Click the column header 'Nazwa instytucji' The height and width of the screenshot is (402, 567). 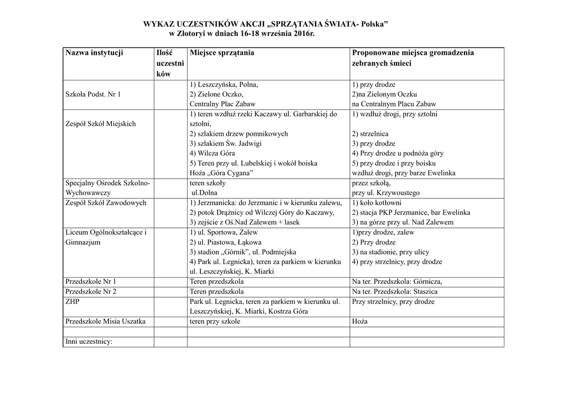(94, 53)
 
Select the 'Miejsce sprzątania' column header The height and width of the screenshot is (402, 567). (221, 53)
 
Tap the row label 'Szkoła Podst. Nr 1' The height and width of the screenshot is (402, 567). (93, 94)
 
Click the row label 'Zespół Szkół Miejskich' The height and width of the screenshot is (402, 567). (100, 124)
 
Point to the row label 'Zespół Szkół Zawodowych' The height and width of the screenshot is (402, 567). (105, 203)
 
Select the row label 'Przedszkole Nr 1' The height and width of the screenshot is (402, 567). (91, 282)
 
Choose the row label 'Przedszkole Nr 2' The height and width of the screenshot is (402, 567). (91, 292)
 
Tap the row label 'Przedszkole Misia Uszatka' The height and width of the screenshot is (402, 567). (105, 322)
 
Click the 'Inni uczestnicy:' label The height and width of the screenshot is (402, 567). (89, 342)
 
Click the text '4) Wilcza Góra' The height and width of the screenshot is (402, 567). (212, 153)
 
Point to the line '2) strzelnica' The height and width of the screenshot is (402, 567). (370, 134)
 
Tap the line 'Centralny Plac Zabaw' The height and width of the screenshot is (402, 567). (222, 104)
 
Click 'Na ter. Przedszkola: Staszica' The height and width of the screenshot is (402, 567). (394, 292)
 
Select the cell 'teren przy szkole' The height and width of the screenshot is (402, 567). (215, 322)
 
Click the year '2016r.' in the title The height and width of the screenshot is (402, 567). (308, 34)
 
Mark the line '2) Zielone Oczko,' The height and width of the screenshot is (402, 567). (216, 94)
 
